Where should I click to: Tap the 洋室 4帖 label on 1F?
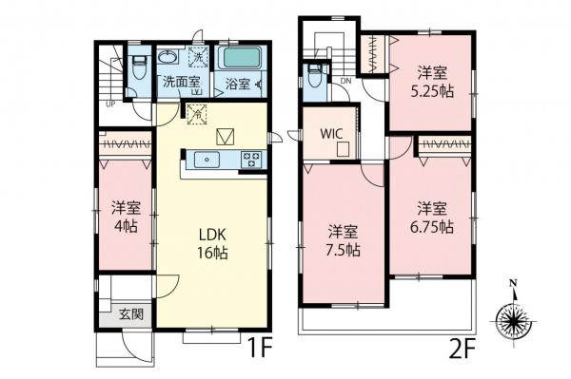click(123, 216)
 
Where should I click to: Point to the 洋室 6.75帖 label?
click(432, 218)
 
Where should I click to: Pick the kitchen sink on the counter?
click(208, 160)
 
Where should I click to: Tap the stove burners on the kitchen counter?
click(251, 160)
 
